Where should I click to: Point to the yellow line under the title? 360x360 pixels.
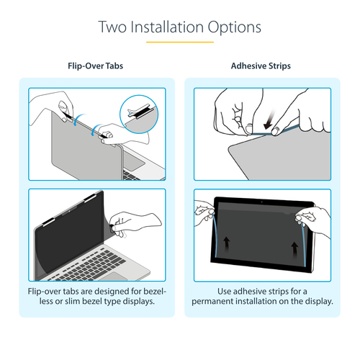(180, 42)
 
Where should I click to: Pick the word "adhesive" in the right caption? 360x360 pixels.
(257, 289)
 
